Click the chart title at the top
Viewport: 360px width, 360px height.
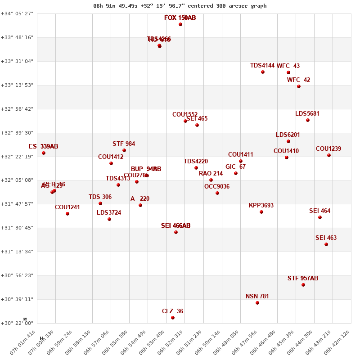[180, 6]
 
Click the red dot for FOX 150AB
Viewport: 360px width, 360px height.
[180, 24]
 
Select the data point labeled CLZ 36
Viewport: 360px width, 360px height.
[173, 318]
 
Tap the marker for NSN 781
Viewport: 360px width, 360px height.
[257, 303]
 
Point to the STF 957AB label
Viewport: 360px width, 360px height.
[303, 279]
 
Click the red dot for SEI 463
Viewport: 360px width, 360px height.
[326, 244]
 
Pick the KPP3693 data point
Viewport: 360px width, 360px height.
[261, 212]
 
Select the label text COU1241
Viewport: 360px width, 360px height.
[67, 207]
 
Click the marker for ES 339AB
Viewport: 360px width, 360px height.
[44, 153]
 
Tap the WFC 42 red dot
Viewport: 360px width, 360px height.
[299, 86]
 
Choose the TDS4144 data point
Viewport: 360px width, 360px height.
[263, 72]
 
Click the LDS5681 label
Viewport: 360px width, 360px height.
[307, 114]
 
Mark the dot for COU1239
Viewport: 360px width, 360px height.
[329, 155]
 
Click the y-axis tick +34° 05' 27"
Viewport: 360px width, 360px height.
[17, 13]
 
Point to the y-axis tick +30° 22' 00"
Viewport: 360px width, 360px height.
[17, 323]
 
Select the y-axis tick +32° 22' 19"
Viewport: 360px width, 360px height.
[17, 157]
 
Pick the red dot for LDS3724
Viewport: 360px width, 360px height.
[109, 219]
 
